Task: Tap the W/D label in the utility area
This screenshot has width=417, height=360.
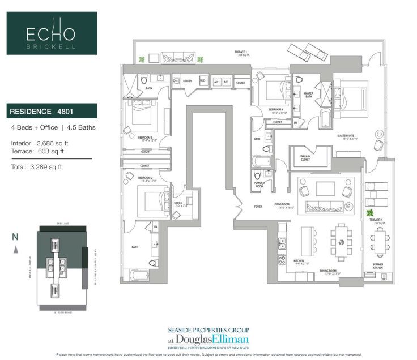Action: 203,81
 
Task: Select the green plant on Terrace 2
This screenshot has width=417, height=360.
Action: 370,213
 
